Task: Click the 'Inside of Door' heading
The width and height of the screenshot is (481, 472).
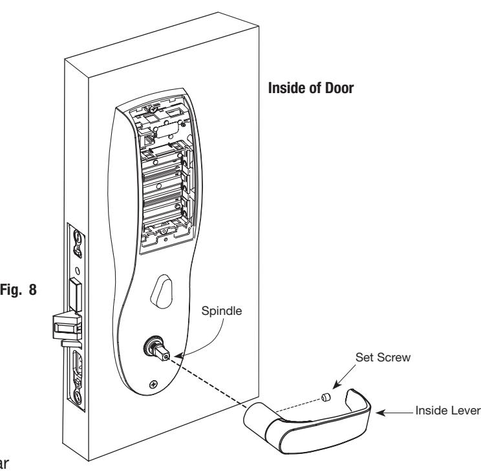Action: [311, 88]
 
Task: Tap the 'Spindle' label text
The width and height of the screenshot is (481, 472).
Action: [222, 311]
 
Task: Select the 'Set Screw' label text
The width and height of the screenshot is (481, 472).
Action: [383, 358]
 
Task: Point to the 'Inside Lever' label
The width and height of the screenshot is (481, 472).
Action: [447, 411]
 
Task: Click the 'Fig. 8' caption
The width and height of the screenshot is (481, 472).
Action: [18, 290]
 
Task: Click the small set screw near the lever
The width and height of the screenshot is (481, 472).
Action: [326, 398]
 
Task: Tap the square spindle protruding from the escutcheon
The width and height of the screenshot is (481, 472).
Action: [162, 353]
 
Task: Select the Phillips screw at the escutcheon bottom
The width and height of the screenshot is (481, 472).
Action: [153, 384]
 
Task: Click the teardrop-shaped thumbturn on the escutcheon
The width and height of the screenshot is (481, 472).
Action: [162, 292]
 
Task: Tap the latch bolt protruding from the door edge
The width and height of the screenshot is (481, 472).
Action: [66, 327]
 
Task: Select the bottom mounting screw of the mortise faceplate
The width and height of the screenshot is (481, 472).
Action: [78, 397]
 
